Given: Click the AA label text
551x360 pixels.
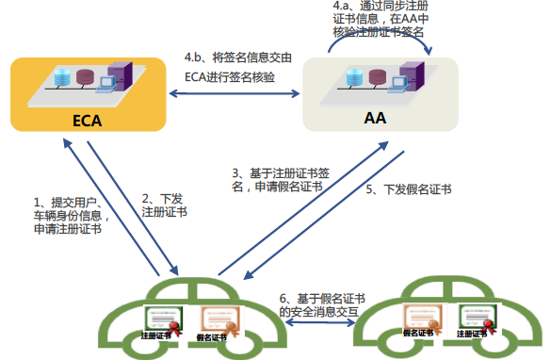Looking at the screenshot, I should pos(375,121).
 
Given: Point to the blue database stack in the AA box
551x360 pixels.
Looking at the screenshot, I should pos(352,77).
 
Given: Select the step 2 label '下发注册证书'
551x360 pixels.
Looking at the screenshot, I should pos(164,205).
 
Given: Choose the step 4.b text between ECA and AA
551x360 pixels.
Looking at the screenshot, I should pos(237,68).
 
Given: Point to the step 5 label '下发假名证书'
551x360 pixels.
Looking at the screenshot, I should pos(408,189).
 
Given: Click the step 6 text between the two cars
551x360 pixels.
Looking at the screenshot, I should pos(322,304).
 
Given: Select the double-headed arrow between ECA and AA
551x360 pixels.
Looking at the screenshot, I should pos(235,94).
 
